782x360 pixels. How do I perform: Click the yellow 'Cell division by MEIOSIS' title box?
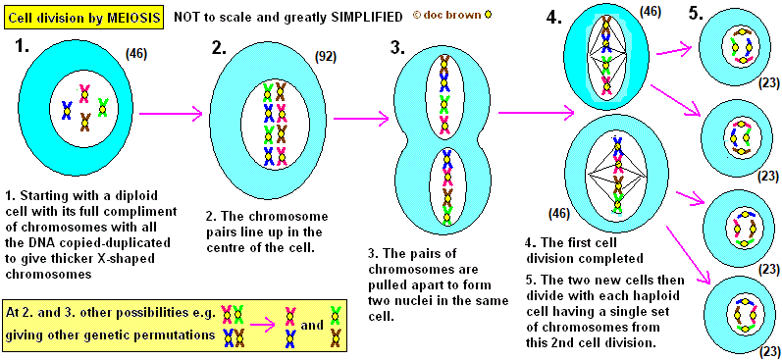(83, 17)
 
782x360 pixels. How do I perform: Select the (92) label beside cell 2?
(326, 57)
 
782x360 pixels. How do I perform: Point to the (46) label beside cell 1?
(136, 53)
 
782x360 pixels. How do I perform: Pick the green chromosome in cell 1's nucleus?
(103, 107)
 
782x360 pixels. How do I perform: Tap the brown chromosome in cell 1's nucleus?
(85, 123)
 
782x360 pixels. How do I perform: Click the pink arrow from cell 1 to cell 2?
(171, 114)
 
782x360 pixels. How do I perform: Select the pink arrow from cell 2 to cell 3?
(361, 119)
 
